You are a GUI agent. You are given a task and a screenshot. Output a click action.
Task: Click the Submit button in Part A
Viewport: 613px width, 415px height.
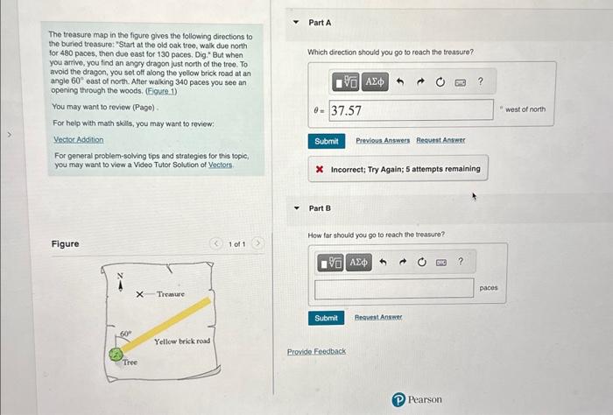point(327,141)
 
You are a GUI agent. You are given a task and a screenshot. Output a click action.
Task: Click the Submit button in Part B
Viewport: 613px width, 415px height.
point(326,318)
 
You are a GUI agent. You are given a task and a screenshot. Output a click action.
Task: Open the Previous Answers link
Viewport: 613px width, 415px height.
point(383,140)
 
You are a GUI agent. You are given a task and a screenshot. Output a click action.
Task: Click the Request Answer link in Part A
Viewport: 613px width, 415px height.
point(440,140)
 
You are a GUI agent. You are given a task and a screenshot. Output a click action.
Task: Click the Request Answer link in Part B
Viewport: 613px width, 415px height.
point(378,317)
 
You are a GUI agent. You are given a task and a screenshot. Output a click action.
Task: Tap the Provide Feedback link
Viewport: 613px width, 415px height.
point(316,351)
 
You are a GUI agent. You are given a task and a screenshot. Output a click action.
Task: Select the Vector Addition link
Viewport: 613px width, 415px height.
point(79,139)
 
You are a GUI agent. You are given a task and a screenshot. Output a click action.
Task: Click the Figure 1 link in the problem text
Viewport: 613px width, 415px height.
point(161,91)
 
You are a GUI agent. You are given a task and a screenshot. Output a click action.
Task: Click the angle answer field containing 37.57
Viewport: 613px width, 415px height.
point(411,109)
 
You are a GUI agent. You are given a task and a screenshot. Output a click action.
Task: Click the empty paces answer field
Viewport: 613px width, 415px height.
point(394,288)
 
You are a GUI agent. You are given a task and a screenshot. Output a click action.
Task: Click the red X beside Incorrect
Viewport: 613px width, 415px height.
point(320,169)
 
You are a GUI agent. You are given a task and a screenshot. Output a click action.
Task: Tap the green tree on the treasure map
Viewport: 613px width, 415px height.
point(116,355)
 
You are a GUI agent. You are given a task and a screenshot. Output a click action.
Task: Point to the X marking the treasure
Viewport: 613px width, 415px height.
point(139,294)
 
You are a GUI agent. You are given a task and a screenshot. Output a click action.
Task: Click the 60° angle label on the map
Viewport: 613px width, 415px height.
point(126,334)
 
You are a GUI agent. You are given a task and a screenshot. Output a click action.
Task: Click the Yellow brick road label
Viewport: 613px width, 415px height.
point(182,341)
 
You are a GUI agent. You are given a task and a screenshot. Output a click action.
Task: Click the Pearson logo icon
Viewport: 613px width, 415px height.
point(398,400)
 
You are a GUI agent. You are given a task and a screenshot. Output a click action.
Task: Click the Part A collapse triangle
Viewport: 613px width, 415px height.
point(296,22)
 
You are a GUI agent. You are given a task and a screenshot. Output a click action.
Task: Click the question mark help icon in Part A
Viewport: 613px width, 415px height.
point(481,81)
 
